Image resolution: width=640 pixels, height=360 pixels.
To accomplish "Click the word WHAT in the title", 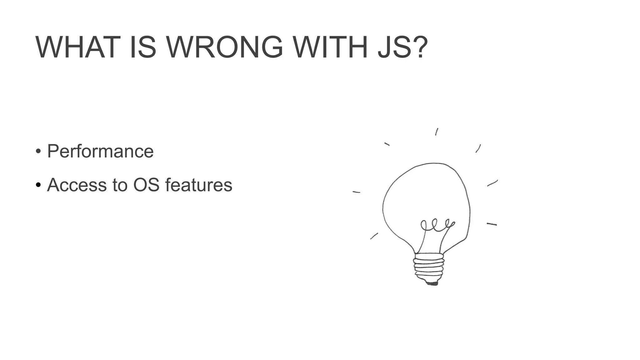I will click(78, 47).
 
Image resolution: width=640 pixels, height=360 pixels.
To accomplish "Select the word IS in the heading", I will click(143, 47).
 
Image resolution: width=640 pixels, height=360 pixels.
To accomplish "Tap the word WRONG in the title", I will click(224, 47).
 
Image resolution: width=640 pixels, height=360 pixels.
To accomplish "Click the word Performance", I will click(100, 152).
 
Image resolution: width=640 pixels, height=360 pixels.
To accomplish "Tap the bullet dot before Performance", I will click(38, 152).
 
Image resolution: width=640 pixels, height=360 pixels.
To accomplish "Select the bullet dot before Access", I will click(38, 185).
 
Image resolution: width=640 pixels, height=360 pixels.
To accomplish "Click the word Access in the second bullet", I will click(77, 185).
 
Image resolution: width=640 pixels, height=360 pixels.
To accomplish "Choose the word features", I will click(199, 185).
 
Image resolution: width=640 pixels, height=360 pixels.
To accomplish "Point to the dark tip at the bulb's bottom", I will click(432, 283).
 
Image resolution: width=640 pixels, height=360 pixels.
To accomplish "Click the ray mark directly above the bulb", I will click(437, 132).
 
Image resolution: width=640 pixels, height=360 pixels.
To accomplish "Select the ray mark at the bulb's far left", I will click(356, 192).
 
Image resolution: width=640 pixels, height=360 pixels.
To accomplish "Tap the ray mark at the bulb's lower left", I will click(374, 236).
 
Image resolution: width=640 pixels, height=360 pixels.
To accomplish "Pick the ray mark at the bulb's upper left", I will click(387, 144).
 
